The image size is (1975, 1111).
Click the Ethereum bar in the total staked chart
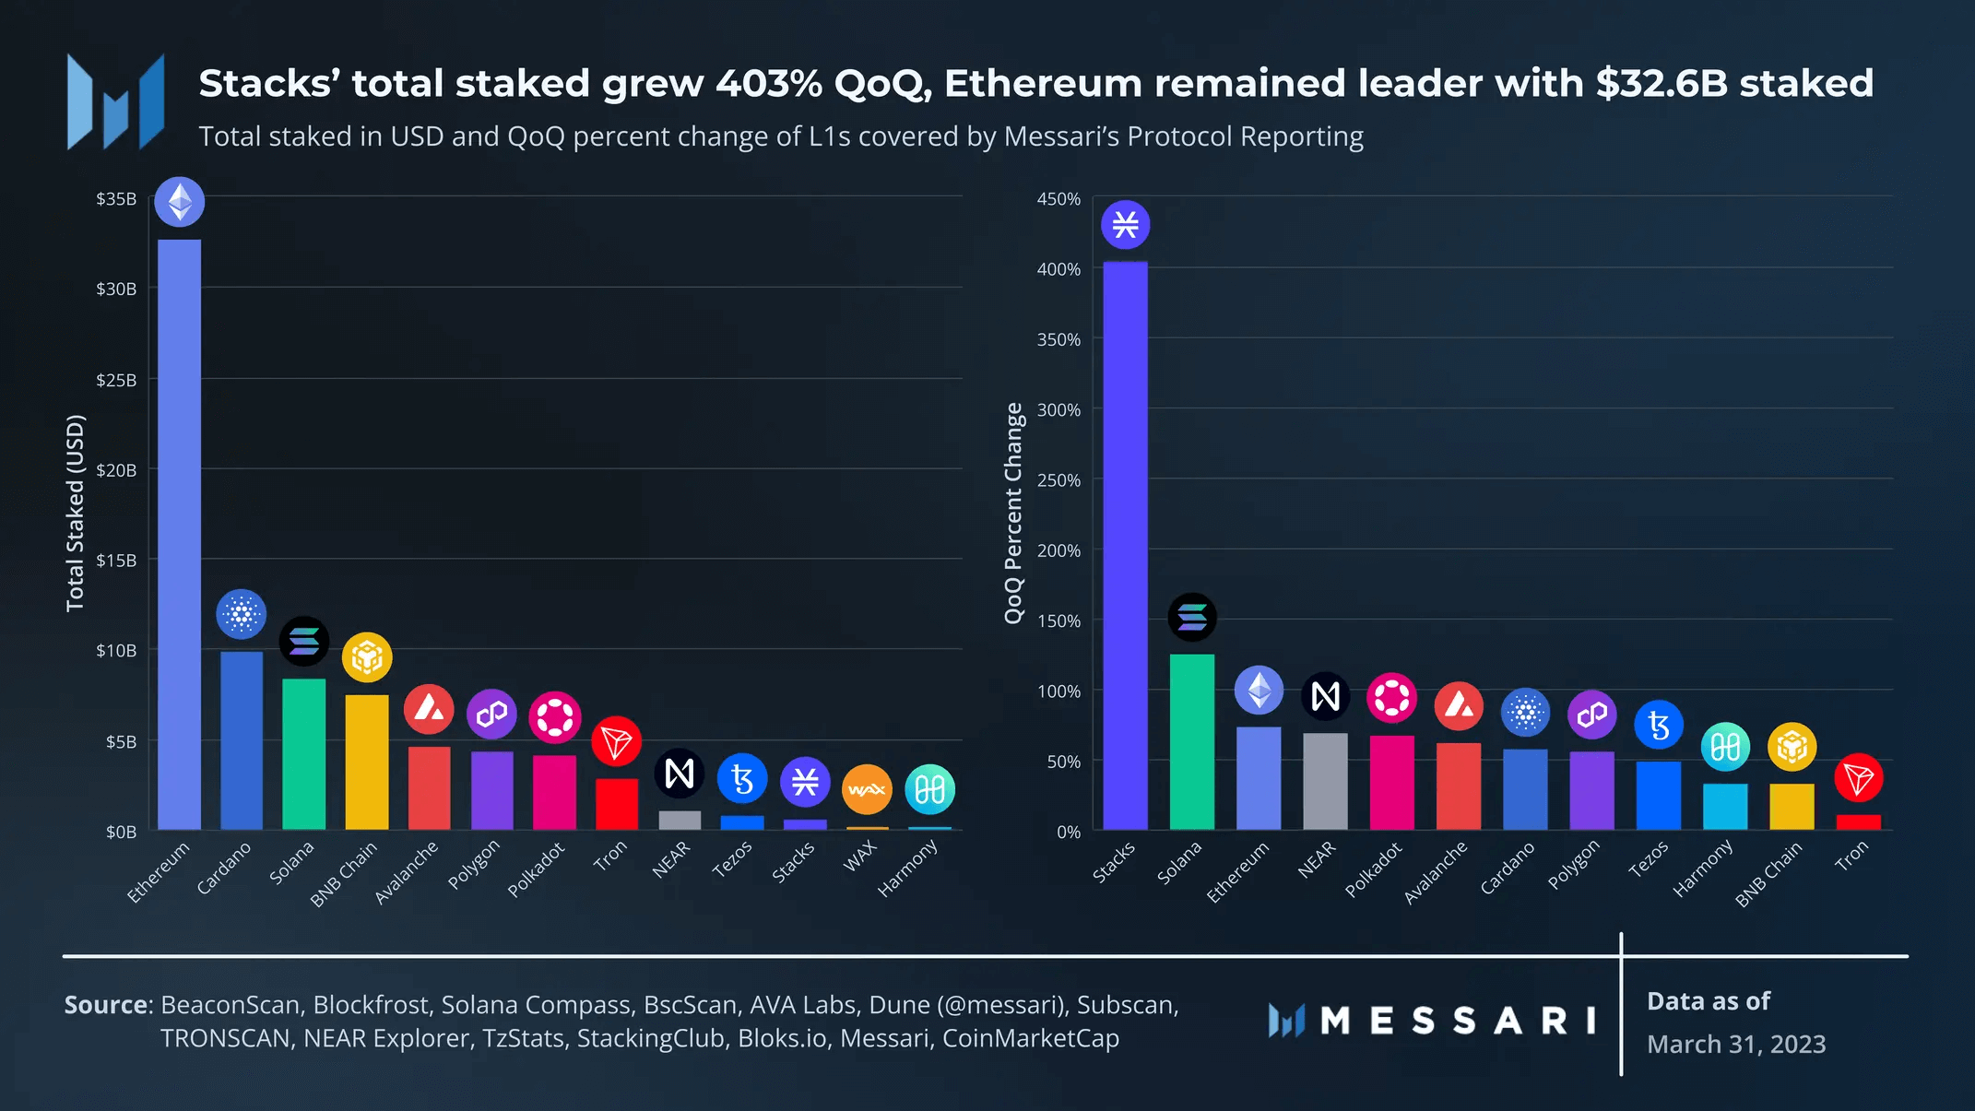click(179, 535)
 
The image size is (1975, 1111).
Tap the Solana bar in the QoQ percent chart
click(1191, 742)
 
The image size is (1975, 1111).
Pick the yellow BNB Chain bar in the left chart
click(367, 762)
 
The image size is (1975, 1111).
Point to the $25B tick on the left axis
click(116, 380)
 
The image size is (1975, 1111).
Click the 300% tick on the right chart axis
click(1058, 410)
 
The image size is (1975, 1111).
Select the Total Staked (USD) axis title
click(76, 513)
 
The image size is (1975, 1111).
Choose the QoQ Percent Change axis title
click(1013, 513)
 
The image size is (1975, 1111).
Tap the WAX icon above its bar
click(867, 789)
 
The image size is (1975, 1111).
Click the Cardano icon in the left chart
click(242, 614)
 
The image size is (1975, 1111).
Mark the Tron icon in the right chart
click(1858, 778)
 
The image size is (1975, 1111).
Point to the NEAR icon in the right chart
click(1325, 696)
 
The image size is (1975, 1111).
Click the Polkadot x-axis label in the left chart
click(536, 869)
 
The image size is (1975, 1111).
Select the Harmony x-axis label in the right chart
click(1703, 869)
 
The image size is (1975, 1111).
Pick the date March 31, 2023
click(1736, 1044)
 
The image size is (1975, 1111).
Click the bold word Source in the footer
click(107, 1004)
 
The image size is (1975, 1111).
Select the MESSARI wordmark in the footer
click(1457, 1021)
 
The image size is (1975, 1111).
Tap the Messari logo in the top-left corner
click(116, 101)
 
